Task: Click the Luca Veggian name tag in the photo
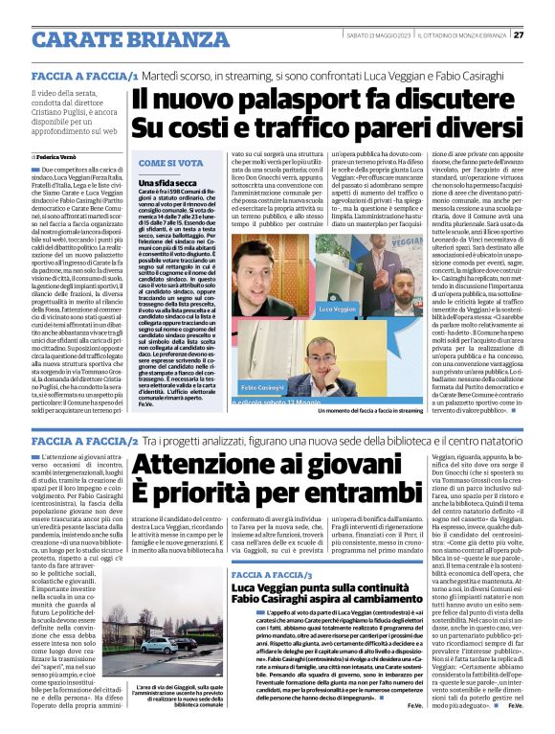364,310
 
